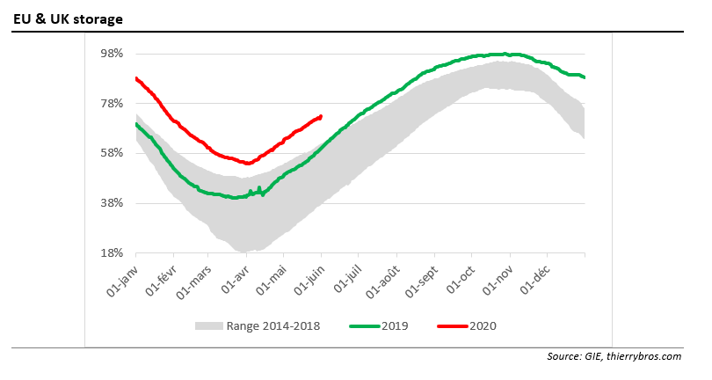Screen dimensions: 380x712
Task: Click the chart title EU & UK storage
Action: (x=68, y=18)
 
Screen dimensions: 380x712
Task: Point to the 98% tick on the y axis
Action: (x=111, y=54)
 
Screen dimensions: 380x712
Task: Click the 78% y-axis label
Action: (x=111, y=104)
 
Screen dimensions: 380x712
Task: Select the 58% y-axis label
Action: (x=111, y=153)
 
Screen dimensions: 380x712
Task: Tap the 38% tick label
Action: (x=111, y=203)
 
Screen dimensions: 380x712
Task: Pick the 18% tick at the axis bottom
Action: (x=111, y=253)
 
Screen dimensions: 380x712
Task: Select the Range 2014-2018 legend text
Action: (x=272, y=325)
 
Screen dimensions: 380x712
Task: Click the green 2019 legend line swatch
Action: (x=365, y=325)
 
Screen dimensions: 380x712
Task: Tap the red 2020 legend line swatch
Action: (x=452, y=325)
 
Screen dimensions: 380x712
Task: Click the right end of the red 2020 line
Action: (x=321, y=116)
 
